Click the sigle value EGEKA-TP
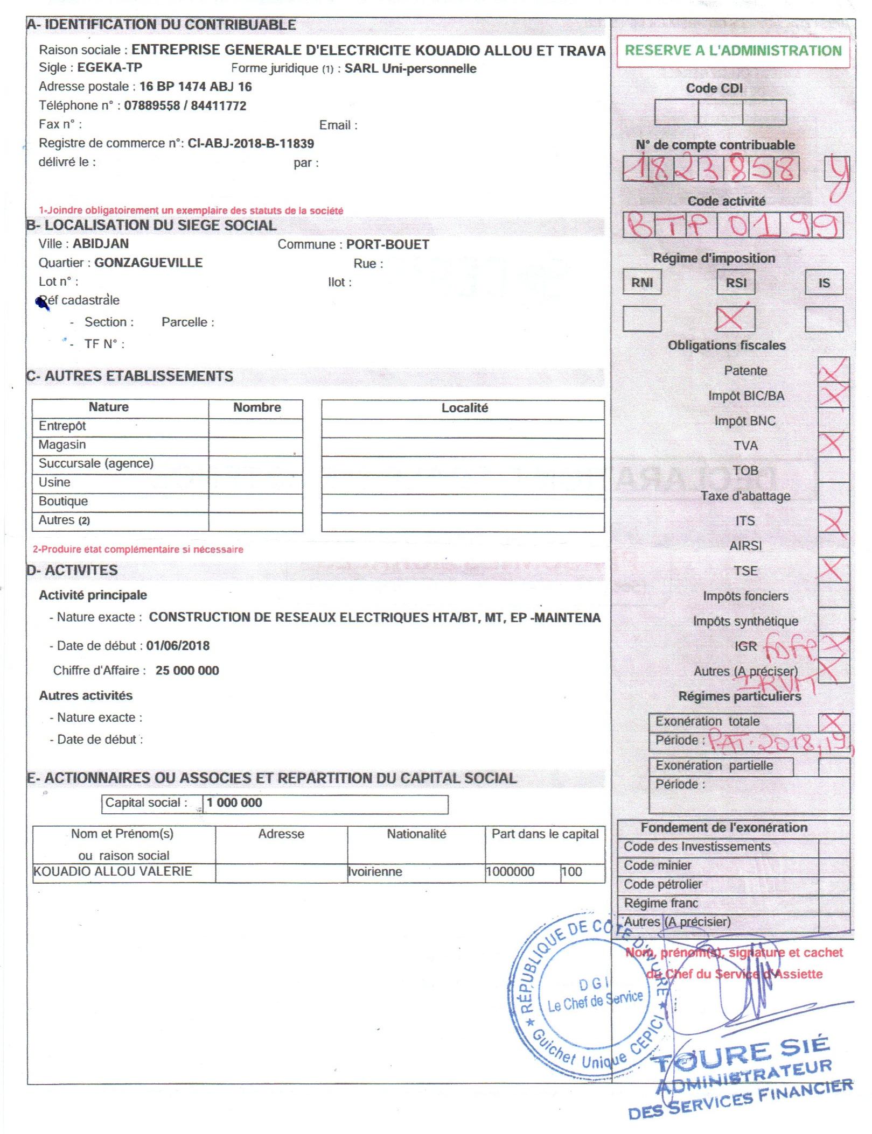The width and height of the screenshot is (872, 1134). pyautogui.click(x=110, y=68)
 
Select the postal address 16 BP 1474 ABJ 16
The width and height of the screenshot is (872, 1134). pyautogui.click(x=196, y=87)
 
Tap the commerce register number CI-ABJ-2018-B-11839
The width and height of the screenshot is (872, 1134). pyautogui.click(x=250, y=144)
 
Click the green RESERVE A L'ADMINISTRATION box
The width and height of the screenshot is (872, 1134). pyautogui.click(x=733, y=51)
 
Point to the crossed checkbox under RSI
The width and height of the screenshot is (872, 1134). pyautogui.click(x=735, y=319)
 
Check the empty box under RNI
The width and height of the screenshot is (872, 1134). pyautogui.click(x=641, y=319)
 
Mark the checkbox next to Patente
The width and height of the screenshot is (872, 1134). pyautogui.click(x=833, y=370)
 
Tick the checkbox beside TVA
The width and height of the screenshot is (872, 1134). pyautogui.click(x=833, y=445)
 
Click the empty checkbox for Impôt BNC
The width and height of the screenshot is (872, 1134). pyautogui.click(x=833, y=420)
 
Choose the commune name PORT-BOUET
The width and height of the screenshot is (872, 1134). pyautogui.click(x=387, y=245)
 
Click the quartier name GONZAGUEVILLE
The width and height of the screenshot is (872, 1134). pyautogui.click(x=149, y=263)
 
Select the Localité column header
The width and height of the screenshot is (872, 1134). pyautogui.click(x=464, y=408)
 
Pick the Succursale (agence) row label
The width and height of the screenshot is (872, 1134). pyautogui.click(x=96, y=463)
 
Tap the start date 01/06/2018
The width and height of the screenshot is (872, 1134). pyautogui.click(x=178, y=646)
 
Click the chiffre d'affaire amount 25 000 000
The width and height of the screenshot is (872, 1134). pyautogui.click(x=187, y=671)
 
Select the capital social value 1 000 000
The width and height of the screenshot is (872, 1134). pyautogui.click(x=234, y=803)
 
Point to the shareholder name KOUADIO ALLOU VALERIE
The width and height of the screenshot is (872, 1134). pyautogui.click(x=113, y=871)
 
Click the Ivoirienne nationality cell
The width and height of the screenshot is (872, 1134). pyautogui.click(x=375, y=872)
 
